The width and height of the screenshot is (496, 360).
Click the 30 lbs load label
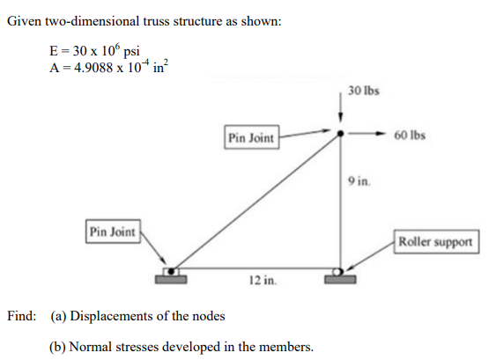click(363, 91)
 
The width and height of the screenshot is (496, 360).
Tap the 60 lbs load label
click(411, 136)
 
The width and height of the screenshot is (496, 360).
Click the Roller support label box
click(437, 241)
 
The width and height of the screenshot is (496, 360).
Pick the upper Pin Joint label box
click(251, 137)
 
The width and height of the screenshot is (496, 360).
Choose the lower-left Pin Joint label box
click(113, 231)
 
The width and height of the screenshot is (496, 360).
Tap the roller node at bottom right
click(340, 270)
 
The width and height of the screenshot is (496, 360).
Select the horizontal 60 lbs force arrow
click(365, 135)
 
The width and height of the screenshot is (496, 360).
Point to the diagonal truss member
click(255, 202)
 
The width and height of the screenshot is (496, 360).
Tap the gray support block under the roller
click(339, 280)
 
